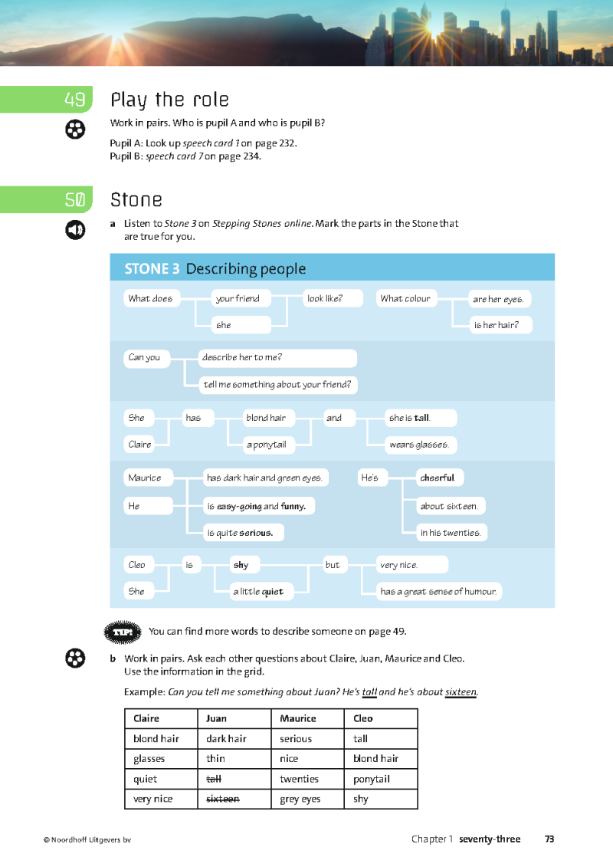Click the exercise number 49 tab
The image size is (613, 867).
click(x=74, y=100)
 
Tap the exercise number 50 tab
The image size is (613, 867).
click(x=74, y=200)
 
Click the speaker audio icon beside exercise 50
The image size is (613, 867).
click(x=74, y=229)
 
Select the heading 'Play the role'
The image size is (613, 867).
click(x=169, y=100)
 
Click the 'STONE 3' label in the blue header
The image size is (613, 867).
click(x=152, y=268)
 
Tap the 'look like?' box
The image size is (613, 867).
click(x=333, y=298)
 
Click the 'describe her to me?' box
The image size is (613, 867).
click(x=277, y=358)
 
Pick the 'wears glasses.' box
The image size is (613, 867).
click(x=421, y=445)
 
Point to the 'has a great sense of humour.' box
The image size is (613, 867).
click(x=438, y=591)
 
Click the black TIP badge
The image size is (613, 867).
click(x=123, y=632)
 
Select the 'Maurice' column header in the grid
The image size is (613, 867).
click(x=298, y=718)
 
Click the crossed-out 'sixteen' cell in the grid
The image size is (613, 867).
click(x=223, y=799)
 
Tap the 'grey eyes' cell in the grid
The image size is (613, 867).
click(x=300, y=799)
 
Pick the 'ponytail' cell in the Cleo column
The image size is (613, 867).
click(x=372, y=779)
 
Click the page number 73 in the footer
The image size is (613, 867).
click(x=549, y=839)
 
